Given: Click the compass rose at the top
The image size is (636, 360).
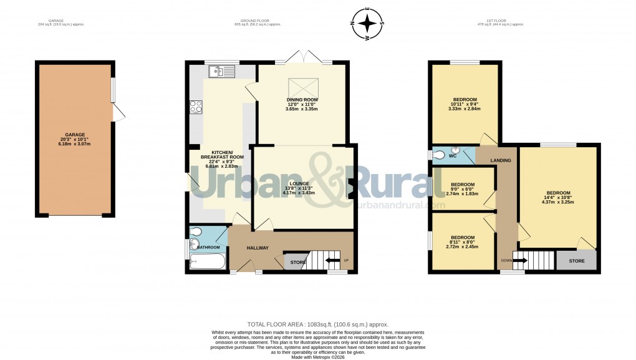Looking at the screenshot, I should coord(369,24).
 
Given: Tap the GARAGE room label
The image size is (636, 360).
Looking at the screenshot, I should coord(74,135).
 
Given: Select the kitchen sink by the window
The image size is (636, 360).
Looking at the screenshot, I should coord(221,72).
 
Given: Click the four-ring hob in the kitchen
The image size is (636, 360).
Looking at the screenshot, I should coord(196,107).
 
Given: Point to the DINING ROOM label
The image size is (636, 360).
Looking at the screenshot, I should coord(302,100).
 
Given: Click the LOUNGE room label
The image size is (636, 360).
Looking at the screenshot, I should coord(299,183).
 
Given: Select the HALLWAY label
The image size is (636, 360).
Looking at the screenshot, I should coord(258,248).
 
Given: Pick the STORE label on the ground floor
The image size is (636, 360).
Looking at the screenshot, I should coord(298,263).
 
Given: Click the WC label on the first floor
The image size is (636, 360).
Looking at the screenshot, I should coord(453,155).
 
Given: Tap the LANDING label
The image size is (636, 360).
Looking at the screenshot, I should coord(500,161).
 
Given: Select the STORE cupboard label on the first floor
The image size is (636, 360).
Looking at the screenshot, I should coord(577,261).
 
